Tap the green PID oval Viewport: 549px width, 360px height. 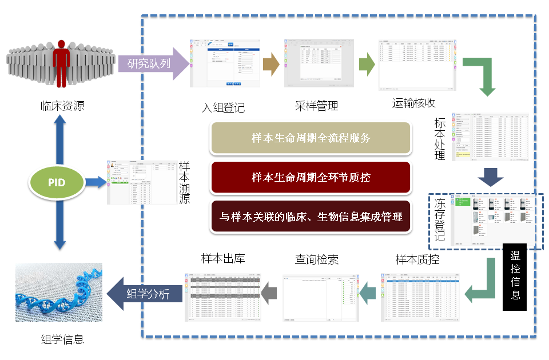click(x=57, y=183)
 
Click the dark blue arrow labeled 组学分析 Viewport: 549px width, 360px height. click(x=146, y=294)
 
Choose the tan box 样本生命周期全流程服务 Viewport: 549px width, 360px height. click(x=311, y=138)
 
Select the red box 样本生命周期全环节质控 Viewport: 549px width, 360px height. click(x=311, y=178)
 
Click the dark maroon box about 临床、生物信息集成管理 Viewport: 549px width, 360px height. click(x=311, y=217)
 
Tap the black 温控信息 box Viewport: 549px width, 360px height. click(x=515, y=277)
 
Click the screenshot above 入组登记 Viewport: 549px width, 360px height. click(x=225, y=63)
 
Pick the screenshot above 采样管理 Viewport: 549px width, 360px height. click(x=319, y=63)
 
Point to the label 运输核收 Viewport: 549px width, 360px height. click(x=414, y=103)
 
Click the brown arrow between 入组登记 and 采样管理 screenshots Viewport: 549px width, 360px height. click(x=270, y=63)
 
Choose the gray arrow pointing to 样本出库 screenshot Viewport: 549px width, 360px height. click(x=269, y=294)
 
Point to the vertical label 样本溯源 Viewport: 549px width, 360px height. click(x=185, y=182)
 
